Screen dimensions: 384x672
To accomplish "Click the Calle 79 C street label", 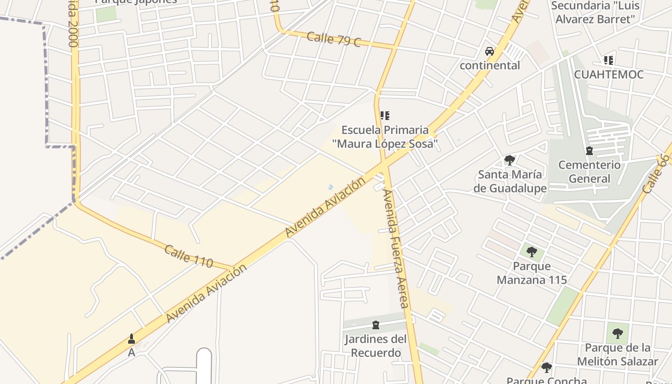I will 334,39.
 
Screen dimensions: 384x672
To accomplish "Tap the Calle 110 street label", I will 189,256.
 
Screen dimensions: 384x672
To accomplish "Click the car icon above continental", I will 490,51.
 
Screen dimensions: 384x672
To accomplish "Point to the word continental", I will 490,65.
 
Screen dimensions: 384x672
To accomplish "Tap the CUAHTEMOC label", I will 609,74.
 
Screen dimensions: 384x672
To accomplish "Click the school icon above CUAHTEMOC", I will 609,60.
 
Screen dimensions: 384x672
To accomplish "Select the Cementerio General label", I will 589,172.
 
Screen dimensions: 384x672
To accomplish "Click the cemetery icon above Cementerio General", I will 589,151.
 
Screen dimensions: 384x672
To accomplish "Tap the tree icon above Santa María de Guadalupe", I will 510,160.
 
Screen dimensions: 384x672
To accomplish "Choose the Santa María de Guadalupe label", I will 510,181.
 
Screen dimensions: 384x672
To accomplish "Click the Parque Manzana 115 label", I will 532,273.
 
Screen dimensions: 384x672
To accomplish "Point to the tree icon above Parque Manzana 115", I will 531,252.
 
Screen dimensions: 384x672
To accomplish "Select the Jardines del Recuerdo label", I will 375,346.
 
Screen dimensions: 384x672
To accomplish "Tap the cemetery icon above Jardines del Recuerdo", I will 376,325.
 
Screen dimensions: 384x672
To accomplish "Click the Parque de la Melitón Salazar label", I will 617,354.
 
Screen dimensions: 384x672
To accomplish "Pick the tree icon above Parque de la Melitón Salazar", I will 617,333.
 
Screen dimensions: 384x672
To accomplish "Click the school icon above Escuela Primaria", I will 384,116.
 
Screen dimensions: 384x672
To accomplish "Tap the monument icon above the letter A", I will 132,339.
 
